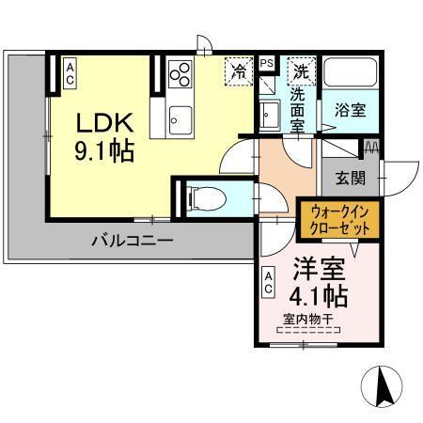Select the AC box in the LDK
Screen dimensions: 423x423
70,73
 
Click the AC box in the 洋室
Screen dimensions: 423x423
269,280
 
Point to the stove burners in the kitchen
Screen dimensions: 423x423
180,72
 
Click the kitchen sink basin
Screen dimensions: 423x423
180,118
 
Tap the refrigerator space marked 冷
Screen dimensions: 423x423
240,71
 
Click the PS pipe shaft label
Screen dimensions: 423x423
267,61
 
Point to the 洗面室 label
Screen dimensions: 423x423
298,109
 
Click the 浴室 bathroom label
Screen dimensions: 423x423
352,110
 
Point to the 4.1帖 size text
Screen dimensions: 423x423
317,296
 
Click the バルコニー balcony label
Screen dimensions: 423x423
132,241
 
